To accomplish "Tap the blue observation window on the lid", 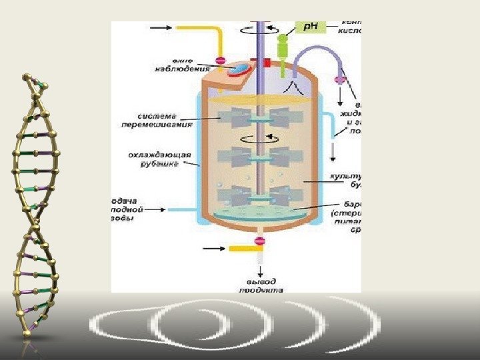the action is pos(237,68).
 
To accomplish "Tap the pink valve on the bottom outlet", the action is pos(260,240).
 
